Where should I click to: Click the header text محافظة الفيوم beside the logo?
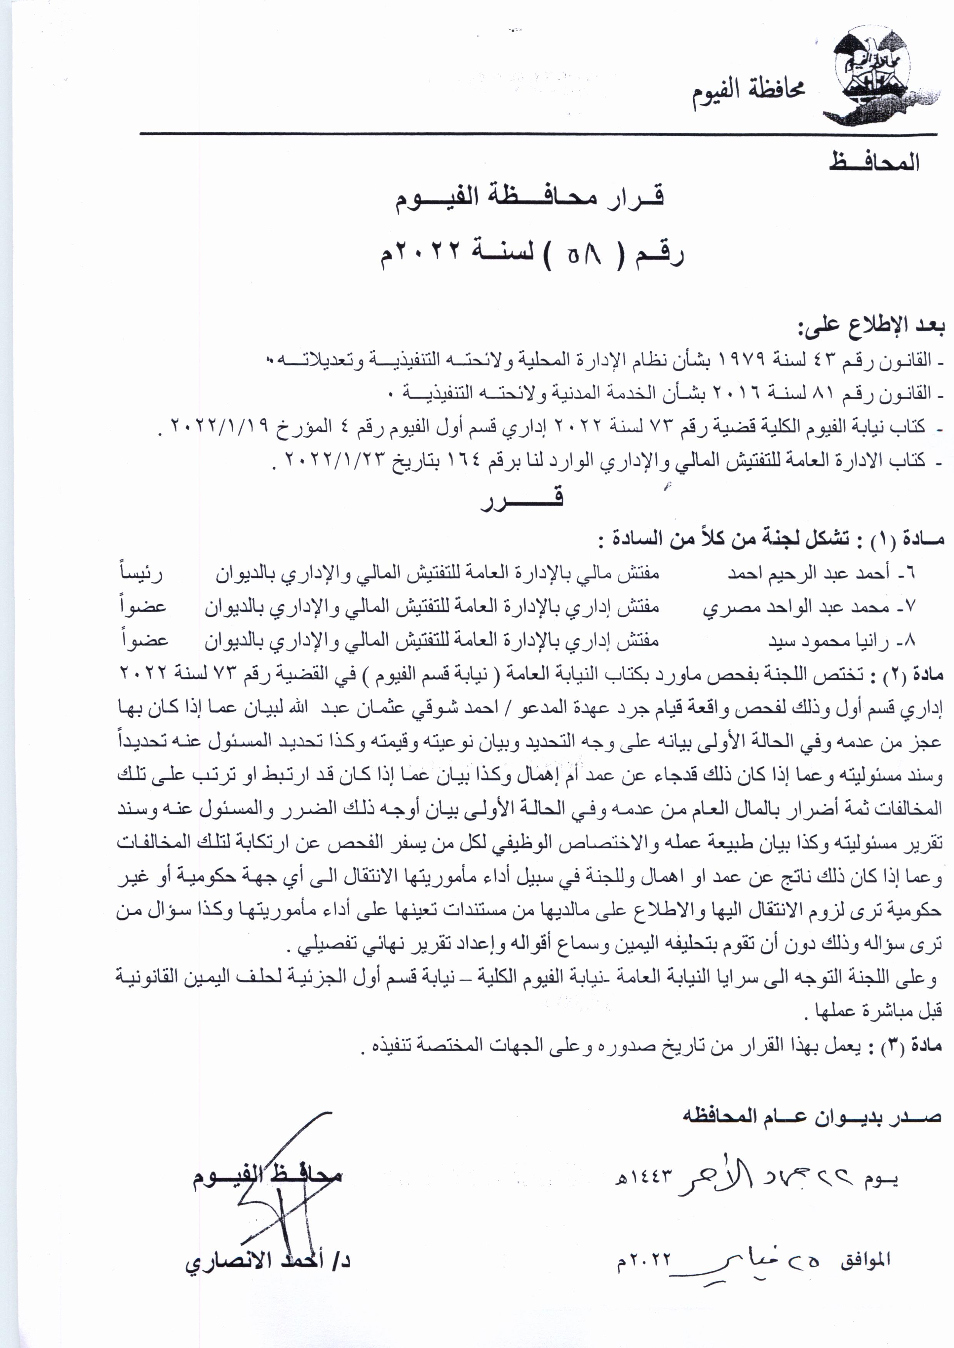coord(747,92)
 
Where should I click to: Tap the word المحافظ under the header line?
coord(874,161)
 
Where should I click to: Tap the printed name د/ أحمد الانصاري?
coord(268,1262)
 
